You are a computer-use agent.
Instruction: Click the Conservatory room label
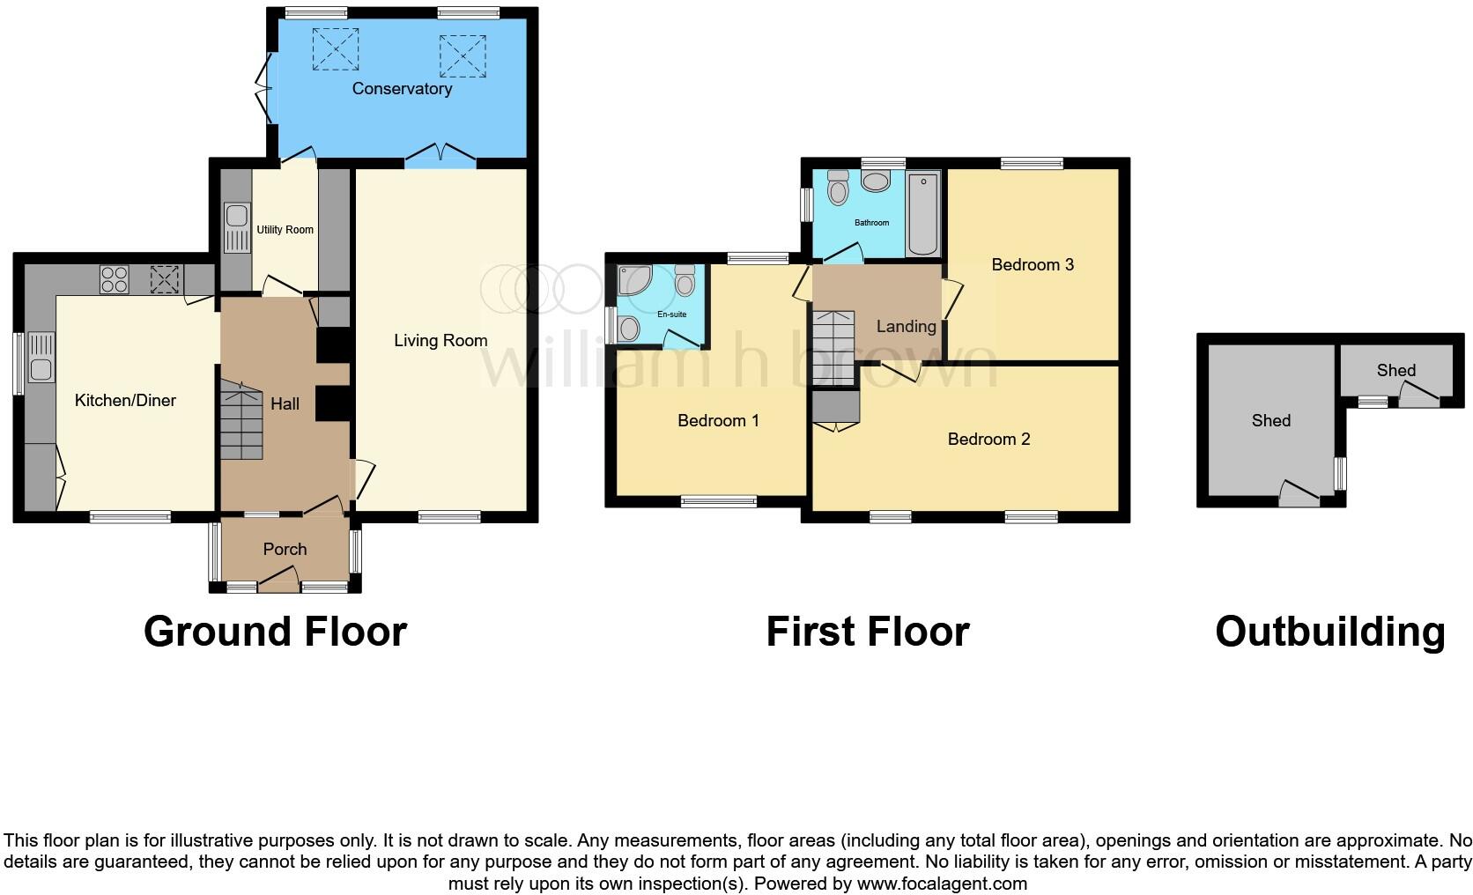(402, 88)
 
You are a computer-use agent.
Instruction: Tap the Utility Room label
(285, 230)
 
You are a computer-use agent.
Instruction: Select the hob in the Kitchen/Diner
(115, 279)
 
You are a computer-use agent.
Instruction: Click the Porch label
(285, 549)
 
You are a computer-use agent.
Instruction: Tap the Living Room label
(440, 340)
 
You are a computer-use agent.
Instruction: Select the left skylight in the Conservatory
(336, 48)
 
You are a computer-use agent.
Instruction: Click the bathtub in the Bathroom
(922, 214)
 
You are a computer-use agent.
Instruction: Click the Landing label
(906, 326)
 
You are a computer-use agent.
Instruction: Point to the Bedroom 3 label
(1033, 264)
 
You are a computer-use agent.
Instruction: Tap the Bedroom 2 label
(988, 439)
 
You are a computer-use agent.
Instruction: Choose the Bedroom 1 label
(718, 420)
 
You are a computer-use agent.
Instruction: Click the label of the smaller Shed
(1395, 370)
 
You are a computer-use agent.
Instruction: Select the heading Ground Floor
(275, 632)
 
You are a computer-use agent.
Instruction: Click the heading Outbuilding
(1329, 632)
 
